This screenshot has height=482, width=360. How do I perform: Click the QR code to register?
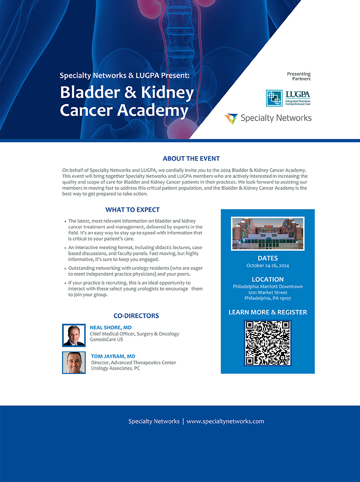tap(267, 343)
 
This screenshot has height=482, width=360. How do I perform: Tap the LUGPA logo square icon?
tap(274, 98)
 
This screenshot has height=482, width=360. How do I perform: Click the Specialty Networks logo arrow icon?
tap(231, 119)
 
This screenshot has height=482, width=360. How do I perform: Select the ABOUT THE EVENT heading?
tap(191, 159)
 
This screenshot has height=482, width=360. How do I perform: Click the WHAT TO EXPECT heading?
tap(133, 210)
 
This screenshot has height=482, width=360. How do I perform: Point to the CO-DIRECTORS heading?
tap(136, 316)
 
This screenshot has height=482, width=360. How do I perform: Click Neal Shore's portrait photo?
tap(74, 335)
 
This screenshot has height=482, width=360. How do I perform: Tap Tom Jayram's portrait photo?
tap(74, 362)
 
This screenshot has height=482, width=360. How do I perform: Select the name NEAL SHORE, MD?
tap(110, 328)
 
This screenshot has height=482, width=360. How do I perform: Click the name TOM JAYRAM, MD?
tap(113, 356)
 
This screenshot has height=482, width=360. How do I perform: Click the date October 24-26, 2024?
tap(267, 266)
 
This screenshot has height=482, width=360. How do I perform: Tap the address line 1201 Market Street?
tap(267, 292)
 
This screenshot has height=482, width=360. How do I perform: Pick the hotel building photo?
tap(267, 233)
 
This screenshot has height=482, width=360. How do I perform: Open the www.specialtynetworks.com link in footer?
tap(225, 421)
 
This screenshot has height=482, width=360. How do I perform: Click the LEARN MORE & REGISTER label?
tap(267, 312)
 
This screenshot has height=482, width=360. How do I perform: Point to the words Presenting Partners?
tap(299, 76)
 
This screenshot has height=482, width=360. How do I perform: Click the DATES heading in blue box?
tap(267, 258)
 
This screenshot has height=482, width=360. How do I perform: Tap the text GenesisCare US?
tap(107, 340)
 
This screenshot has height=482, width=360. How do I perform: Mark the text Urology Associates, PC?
tap(115, 368)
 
